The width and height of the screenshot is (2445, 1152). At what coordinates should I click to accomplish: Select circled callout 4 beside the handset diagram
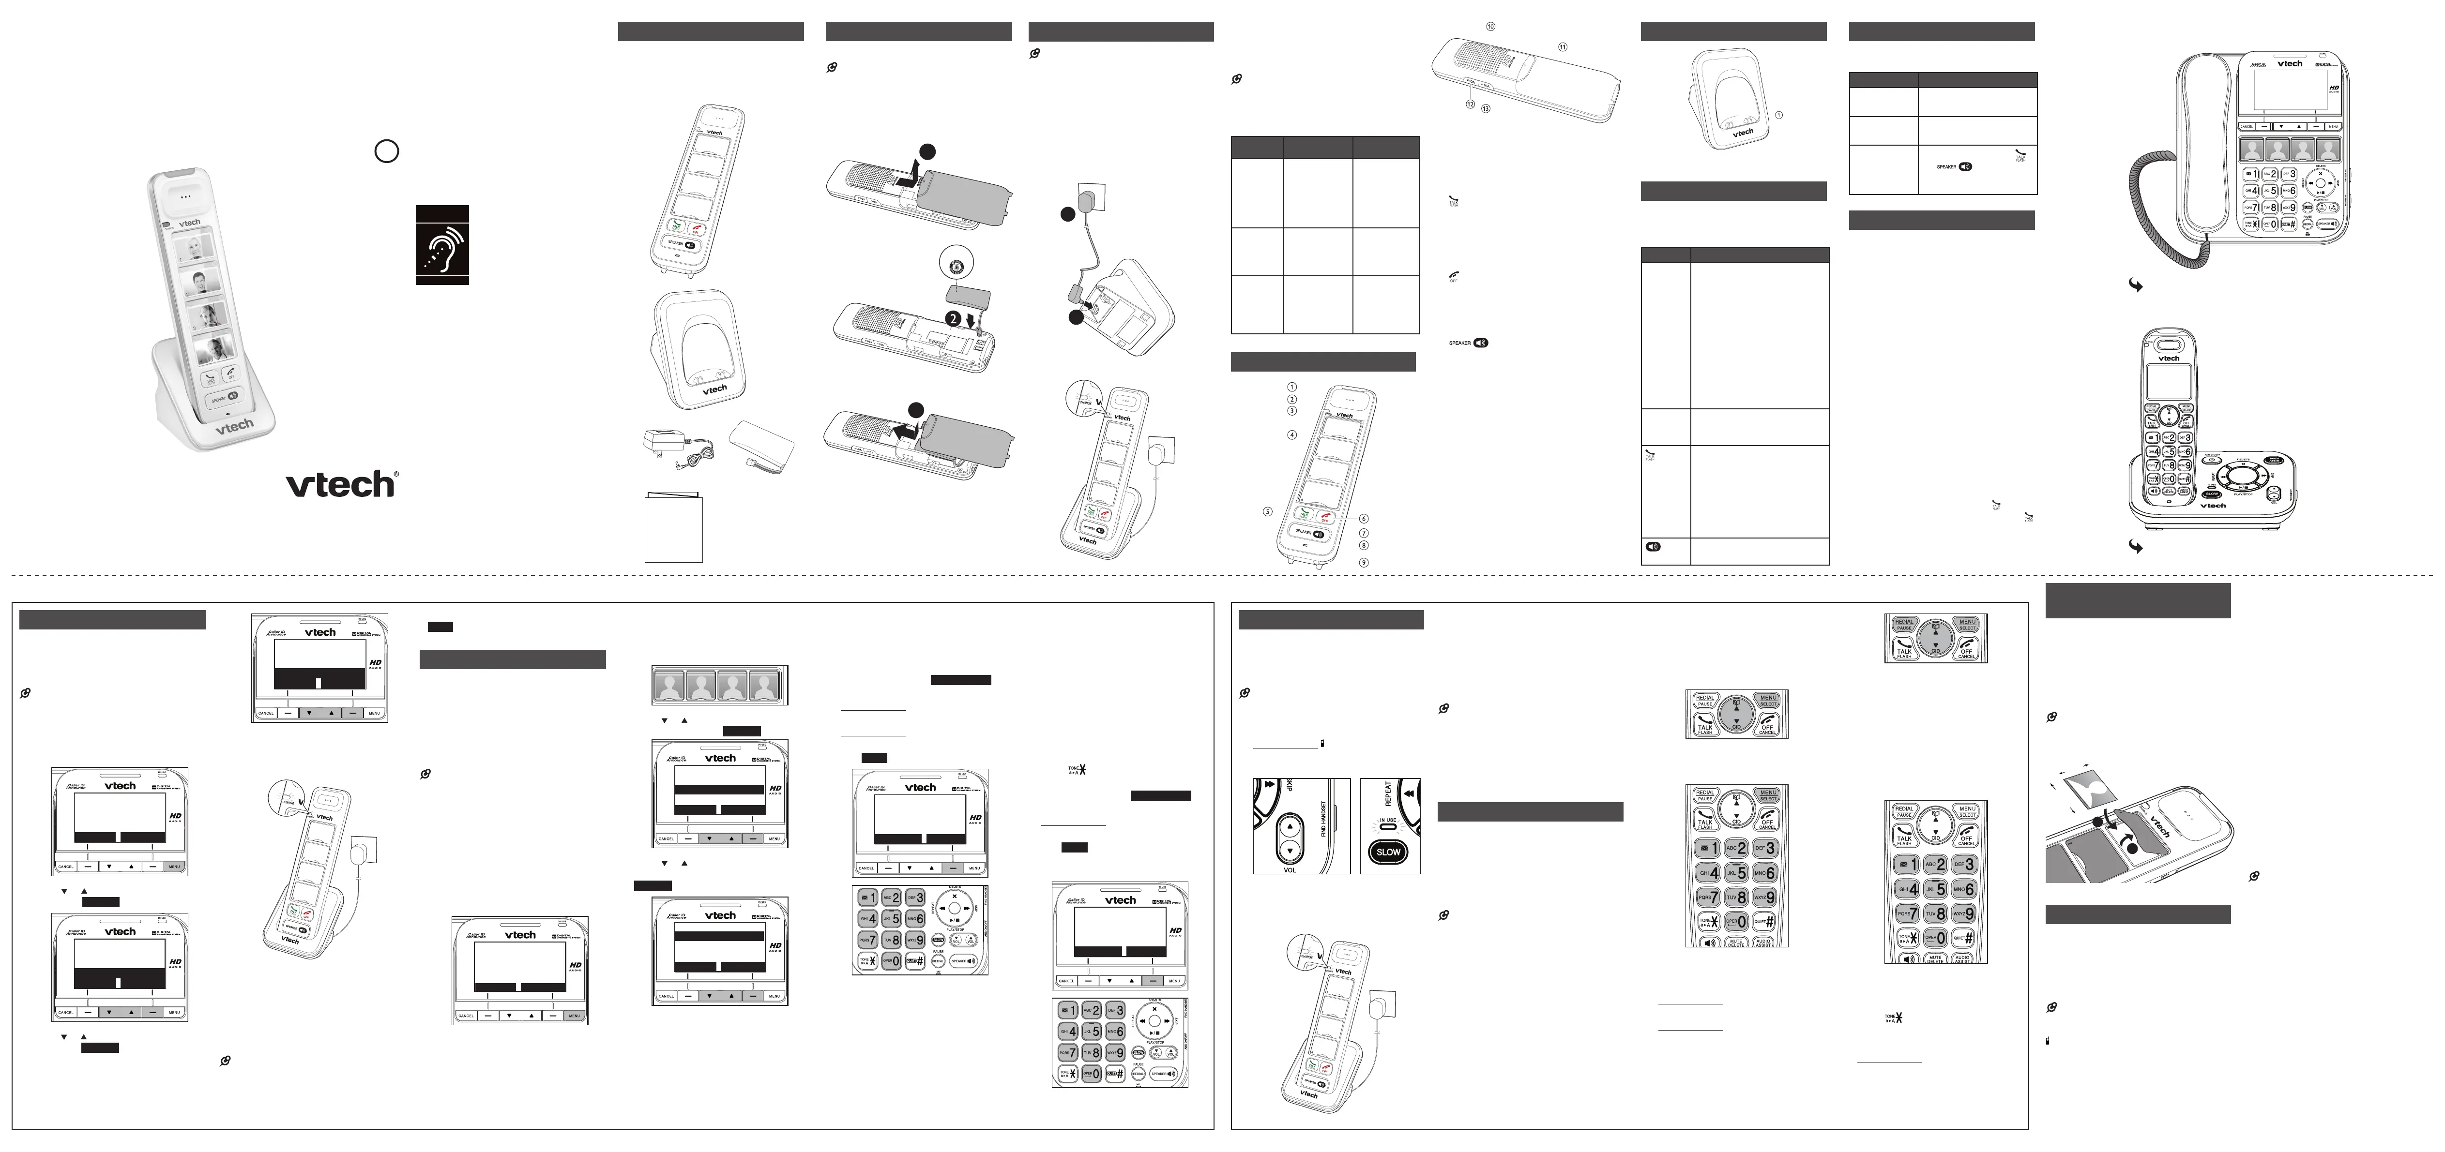point(1292,434)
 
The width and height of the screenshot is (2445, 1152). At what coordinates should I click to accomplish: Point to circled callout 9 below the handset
point(1364,563)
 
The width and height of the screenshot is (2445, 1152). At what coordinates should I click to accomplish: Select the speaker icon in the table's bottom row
point(1653,548)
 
